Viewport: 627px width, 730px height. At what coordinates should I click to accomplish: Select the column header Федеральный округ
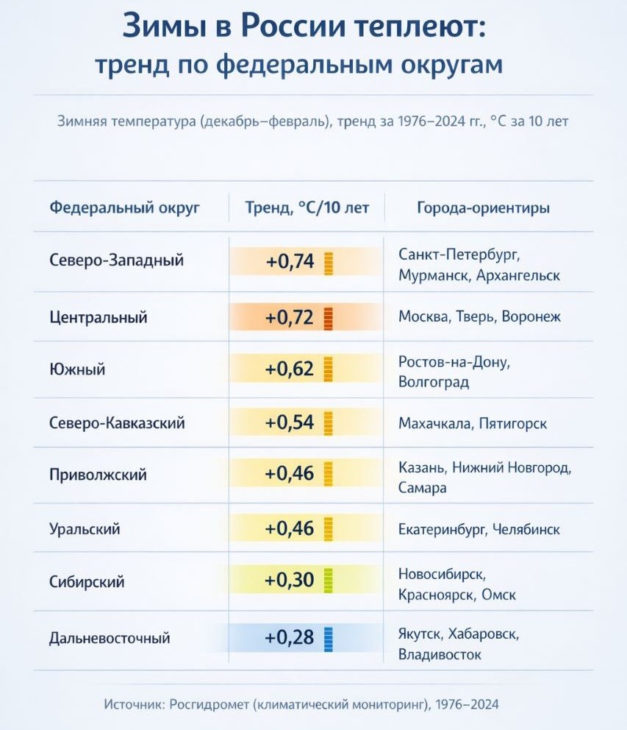[x=125, y=208]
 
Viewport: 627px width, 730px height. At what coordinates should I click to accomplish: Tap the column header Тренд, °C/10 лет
[x=307, y=208]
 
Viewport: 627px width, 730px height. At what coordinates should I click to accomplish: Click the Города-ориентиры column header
[x=483, y=208]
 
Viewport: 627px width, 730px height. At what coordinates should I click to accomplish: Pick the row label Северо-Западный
[x=117, y=260]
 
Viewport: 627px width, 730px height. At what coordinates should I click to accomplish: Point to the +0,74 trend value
[x=290, y=261]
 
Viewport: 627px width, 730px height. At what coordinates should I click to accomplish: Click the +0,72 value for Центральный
[x=290, y=318]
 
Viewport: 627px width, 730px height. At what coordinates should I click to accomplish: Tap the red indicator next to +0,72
[x=328, y=318]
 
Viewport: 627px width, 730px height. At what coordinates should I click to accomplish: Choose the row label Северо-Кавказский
[x=117, y=423]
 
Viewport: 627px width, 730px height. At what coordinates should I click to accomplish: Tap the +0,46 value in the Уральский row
[x=290, y=528]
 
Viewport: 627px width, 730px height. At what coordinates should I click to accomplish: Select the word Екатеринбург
[x=442, y=529]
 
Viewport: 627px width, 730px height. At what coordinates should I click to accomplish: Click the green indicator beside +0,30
[x=328, y=581]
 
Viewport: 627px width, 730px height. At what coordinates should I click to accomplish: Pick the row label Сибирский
[x=87, y=582]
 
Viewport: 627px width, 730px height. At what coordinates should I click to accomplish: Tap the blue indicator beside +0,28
[x=328, y=637]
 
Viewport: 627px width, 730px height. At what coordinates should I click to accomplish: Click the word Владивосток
[x=440, y=653]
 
